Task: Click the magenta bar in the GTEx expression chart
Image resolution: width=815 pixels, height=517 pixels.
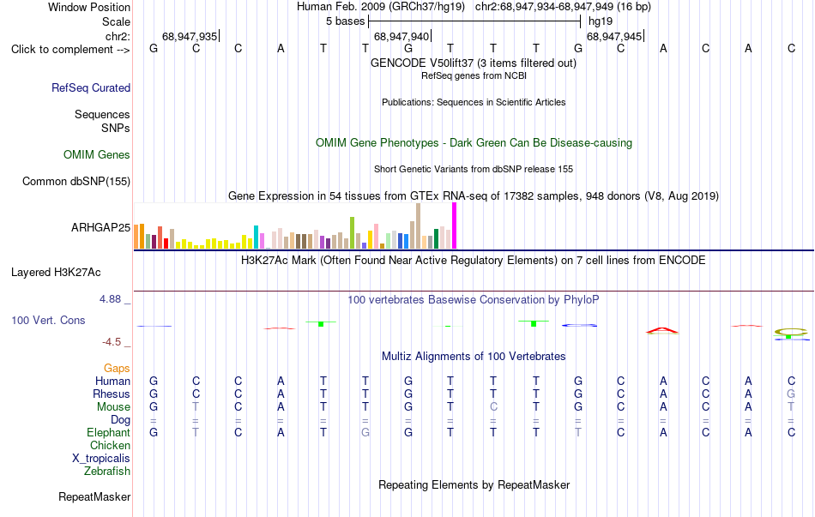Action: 455,225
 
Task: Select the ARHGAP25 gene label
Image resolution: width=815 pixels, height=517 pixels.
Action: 101,227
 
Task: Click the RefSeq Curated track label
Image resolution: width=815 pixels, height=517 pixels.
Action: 91,87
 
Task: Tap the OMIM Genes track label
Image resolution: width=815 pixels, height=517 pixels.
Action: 97,155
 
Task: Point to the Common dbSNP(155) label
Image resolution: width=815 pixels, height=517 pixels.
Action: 76,182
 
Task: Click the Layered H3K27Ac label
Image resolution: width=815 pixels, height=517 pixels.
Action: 56,273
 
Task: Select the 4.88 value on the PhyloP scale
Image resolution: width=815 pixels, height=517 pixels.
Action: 110,299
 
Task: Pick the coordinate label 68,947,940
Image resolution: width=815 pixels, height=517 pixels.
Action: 401,36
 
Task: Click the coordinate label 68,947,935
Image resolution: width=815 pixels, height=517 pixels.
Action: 190,36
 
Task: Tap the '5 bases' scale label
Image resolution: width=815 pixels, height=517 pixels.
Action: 345,21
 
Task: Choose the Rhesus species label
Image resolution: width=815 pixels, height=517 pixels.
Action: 112,394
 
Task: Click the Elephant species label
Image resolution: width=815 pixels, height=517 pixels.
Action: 109,432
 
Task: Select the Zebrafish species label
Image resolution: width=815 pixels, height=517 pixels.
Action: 107,471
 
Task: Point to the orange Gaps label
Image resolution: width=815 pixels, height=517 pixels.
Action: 117,369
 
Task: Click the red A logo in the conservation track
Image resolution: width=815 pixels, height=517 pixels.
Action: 662,330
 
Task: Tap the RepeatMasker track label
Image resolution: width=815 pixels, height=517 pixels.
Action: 94,496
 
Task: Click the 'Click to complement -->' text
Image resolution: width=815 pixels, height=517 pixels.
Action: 70,50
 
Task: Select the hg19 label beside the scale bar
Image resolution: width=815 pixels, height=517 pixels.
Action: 601,21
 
